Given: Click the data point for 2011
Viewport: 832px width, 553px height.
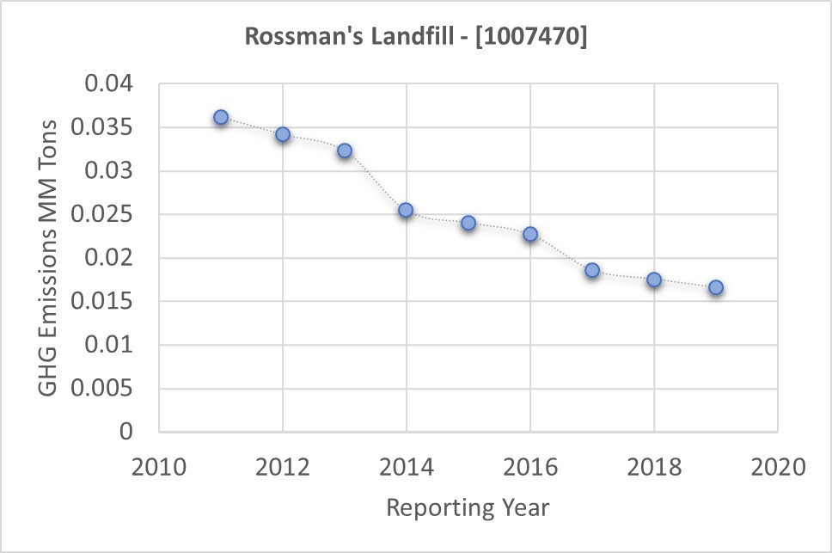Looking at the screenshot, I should coord(221,117).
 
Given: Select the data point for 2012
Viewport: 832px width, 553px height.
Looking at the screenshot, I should coord(283,134).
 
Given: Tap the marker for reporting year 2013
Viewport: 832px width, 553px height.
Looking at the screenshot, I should coord(345,151).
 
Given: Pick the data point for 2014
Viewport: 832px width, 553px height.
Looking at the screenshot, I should coord(406,210).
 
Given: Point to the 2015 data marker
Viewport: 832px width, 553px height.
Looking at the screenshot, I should coord(468,223).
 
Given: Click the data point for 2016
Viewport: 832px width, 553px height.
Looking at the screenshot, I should coord(530,234).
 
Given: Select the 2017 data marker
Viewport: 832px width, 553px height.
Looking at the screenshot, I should coord(592,270).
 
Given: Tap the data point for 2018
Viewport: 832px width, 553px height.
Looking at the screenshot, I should coord(654,280).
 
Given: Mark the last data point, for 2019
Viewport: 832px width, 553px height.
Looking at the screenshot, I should coord(716,287).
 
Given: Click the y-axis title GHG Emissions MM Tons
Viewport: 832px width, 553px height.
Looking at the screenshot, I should coord(49,257).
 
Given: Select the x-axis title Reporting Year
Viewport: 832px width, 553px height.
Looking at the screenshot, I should coord(468,507).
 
